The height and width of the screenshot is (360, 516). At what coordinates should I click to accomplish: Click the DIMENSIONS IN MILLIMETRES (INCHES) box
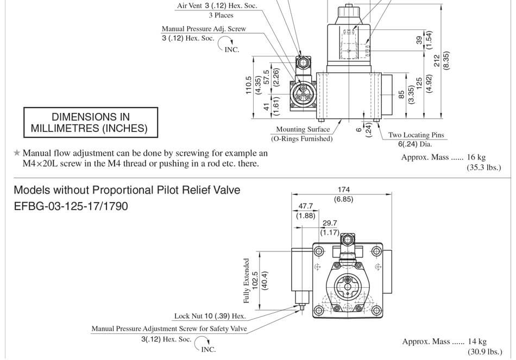point(91,123)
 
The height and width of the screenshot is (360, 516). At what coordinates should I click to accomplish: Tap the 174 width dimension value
point(344,190)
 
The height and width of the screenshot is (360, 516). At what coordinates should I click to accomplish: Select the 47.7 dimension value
point(306,206)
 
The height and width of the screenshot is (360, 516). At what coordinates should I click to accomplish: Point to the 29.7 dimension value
point(330,223)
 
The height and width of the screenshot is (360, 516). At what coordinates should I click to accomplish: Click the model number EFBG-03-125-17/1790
point(71,206)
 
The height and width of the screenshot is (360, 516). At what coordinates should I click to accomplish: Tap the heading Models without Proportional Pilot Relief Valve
point(127,190)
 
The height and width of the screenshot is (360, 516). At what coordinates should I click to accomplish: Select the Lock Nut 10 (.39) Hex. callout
point(210,315)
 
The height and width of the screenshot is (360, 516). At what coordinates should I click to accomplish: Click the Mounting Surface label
point(303,129)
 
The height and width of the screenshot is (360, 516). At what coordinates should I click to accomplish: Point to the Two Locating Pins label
point(416,135)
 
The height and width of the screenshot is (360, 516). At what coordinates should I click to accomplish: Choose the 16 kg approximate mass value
point(476,157)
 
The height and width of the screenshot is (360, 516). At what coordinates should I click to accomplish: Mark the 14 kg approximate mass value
point(477,342)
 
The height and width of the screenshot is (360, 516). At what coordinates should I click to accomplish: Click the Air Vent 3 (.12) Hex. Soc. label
point(217,6)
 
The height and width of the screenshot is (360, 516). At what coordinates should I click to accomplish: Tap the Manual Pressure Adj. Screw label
point(204,29)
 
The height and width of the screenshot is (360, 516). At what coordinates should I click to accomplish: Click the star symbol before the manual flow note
point(17,154)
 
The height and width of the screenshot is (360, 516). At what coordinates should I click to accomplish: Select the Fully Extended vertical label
point(247,280)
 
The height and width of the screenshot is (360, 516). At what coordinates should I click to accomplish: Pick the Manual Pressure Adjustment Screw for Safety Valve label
point(169,329)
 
